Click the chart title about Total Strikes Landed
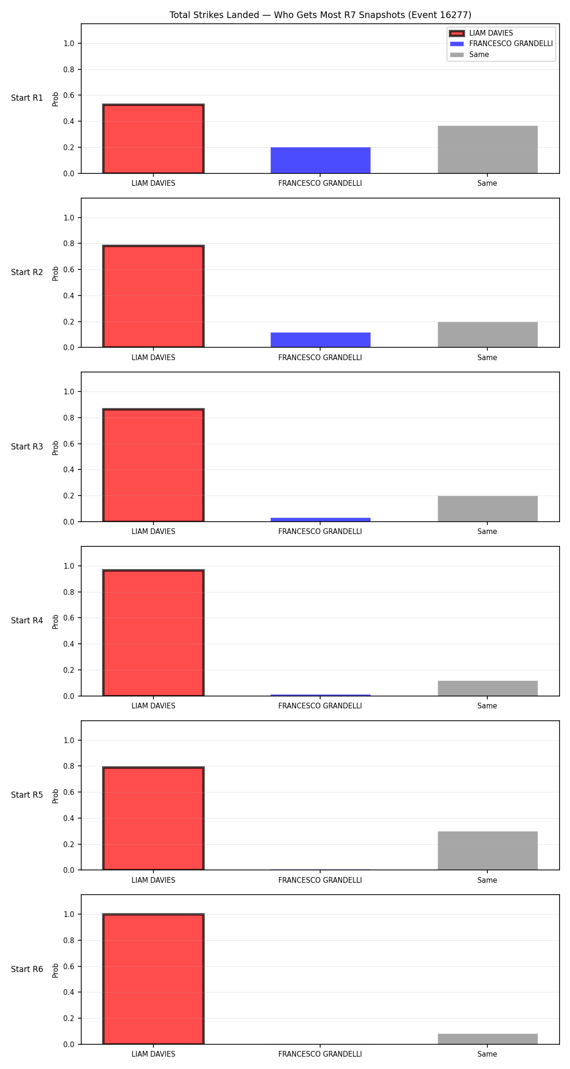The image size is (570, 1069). pos(321,15)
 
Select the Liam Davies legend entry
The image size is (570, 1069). pos(481,33)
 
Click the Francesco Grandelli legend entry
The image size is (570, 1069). pos(501,44)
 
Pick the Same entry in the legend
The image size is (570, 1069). pos(469,55)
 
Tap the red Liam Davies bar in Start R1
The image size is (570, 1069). pos(153,139)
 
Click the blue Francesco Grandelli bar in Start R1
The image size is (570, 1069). pos(321,161)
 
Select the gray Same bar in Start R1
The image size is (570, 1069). pos(488,150)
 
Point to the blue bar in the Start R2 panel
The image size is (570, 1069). pos(321,340)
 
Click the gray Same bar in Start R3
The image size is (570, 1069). pos(488,509)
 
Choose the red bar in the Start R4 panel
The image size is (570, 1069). pos(153,633)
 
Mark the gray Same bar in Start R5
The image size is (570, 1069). pos(488,850)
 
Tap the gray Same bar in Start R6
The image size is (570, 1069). pos(488,1039)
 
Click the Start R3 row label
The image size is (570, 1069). pos(27,447)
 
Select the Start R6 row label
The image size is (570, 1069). pos(27,969)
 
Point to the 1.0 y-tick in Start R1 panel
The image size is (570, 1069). pos(69,43)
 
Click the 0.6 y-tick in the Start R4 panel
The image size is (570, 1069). pos(69,618)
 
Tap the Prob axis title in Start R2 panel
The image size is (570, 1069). pos(56,273)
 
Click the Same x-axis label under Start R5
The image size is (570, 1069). pos(487,880)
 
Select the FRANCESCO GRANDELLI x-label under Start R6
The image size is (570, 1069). pos(320,1054)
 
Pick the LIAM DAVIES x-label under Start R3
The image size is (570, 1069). pos(153,532)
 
